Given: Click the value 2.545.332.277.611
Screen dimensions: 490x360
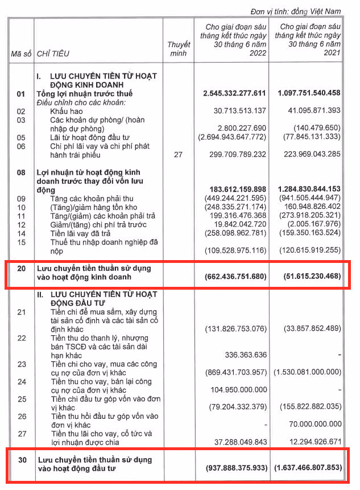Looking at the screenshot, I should pyautogui.click(x=234, y=93).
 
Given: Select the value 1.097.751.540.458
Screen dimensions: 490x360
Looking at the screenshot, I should pyautogui.click(x=309, y=93).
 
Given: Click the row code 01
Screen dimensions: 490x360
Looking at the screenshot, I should pyautogui.click(x=21, y=93).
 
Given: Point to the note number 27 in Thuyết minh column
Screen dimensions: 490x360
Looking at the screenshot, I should pyautogui.click(x=178, y=154).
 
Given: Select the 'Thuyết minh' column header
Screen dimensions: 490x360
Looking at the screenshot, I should pyautogui.click(x=178, y=49).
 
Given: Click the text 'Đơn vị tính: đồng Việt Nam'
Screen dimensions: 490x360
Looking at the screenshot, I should pyautogui.click(x=295, y=11).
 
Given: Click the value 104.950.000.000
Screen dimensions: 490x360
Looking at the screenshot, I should pyautogui.click(x=238, y=390).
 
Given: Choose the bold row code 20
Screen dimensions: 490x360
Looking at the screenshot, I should pyautogui.click(x=21, y=267).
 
